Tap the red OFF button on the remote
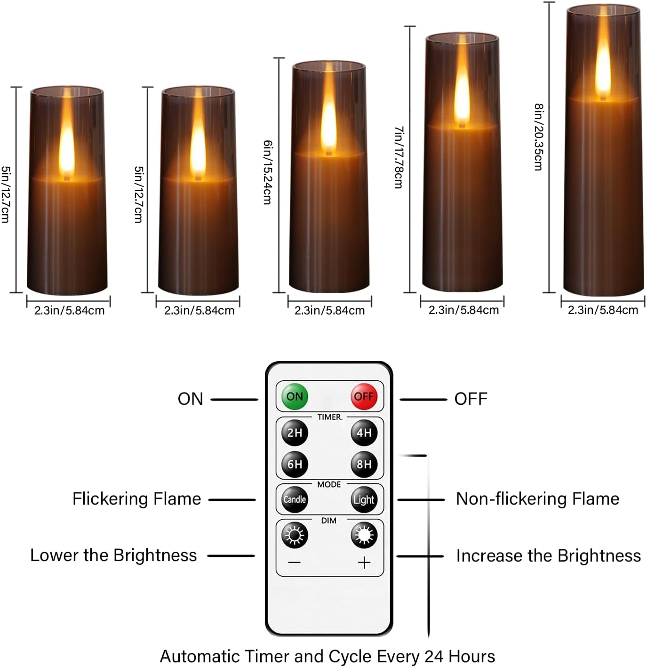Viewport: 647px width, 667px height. (364, 396)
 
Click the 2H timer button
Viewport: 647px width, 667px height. (295, 433)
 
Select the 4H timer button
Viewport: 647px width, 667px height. (364, 433)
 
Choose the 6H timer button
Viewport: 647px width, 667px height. (295, 464)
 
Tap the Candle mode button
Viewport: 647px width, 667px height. (295, 499)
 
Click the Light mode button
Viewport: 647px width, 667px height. (364, 499)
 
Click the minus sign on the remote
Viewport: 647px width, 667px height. (295, 563)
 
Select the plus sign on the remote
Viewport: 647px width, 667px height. (364, 563)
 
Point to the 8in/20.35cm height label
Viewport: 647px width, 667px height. (539, 137)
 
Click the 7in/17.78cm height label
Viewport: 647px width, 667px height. (399, 157)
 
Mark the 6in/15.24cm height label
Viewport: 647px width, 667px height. (267, 172)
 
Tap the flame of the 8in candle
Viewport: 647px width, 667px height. (603, 66)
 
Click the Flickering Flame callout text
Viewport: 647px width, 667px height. (136, 499)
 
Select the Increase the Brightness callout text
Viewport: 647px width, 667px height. (548, 556)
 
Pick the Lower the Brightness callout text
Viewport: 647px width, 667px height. (113, 555)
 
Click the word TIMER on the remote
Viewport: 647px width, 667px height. (329, 417)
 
